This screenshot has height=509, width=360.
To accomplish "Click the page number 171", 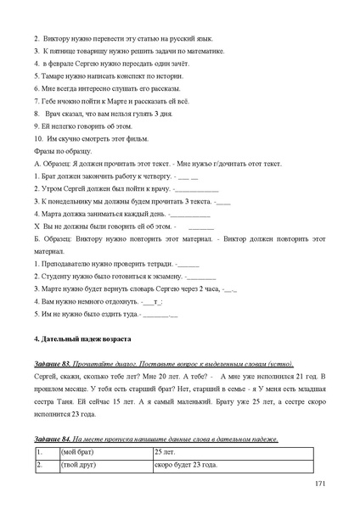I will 319,484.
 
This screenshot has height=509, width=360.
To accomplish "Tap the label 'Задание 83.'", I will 55,364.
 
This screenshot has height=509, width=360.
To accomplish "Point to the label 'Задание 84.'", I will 55,439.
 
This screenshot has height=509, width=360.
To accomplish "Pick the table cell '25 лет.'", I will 166,454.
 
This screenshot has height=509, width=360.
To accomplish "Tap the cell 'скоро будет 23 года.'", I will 186,466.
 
